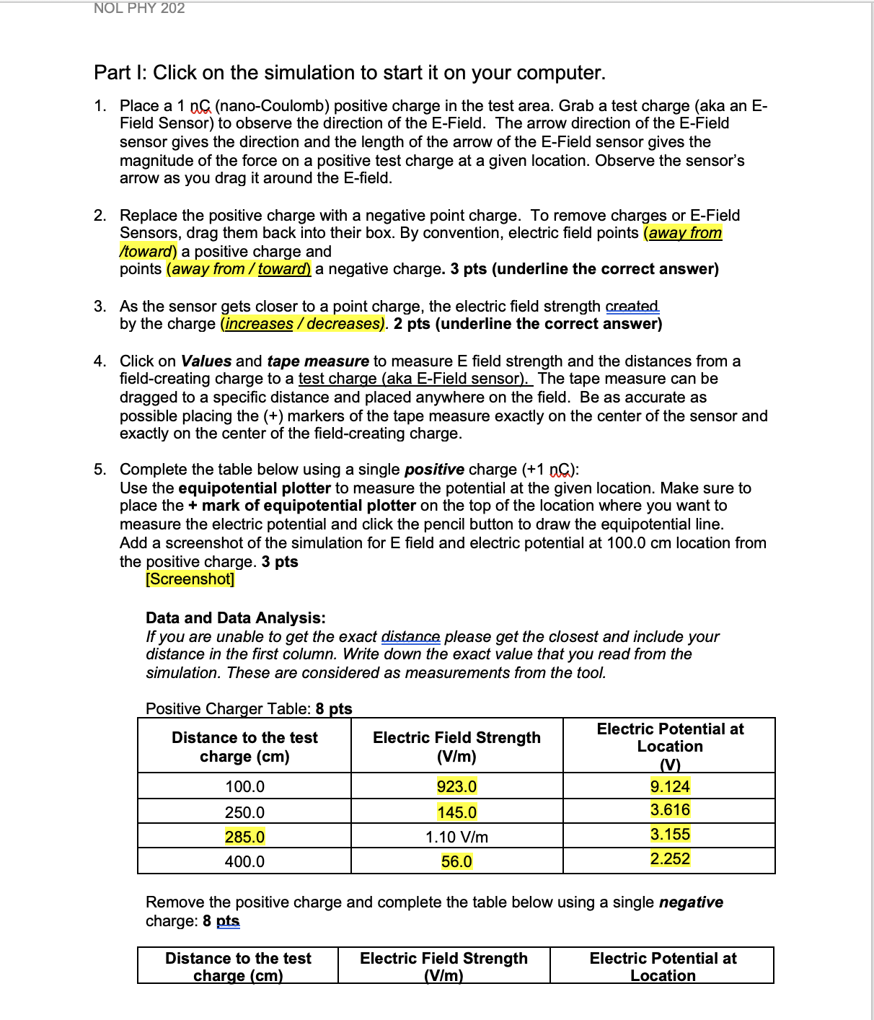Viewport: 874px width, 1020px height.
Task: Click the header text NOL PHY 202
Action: click(139, 9)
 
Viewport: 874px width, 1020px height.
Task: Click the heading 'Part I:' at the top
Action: click(120, 73)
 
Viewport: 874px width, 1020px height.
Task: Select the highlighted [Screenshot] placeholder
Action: click(190, 579)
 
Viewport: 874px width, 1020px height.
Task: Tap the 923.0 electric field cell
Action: click(456, 786)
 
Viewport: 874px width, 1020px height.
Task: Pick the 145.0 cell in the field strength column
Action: click(456, 812)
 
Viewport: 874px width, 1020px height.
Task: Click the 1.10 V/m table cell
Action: click(456, 837)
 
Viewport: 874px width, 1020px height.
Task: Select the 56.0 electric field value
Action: click(456, 861)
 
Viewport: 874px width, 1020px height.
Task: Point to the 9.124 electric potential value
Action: click(670, 786)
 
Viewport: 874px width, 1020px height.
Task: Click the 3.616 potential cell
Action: click(670, 810)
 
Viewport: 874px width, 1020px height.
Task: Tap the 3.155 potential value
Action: click(670, 835)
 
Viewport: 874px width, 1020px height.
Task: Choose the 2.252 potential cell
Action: click(670, 859)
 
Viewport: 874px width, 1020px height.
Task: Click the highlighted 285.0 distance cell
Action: click(244, 837)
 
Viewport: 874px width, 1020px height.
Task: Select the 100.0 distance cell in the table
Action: click(244, 786)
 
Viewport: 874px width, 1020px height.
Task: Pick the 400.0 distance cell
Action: click(244, 861)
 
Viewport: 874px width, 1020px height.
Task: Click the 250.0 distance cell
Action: click(244, 812)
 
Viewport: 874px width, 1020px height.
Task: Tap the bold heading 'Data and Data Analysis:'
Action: click(235, 618)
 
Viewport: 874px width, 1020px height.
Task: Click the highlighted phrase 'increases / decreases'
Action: click(303, 324)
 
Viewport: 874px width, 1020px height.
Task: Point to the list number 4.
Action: click(100, 361)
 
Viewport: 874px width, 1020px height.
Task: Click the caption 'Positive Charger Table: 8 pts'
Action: click(249, 708)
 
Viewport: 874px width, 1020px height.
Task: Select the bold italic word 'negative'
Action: click(690, 902)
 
